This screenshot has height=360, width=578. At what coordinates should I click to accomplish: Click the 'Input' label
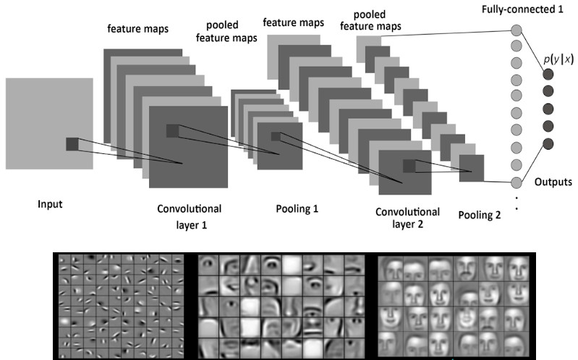(x=50, y=203)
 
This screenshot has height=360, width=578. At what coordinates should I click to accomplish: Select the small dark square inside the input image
(x=72, y=144)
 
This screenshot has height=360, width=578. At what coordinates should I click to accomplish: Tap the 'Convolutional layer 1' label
(x=189, y=215)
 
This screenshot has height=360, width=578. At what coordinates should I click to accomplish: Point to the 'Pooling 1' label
(x=297, y=209)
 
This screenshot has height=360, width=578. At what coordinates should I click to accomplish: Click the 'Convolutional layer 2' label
(x=407, y=218)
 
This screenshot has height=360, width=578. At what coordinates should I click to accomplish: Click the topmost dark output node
(x=548, y=73)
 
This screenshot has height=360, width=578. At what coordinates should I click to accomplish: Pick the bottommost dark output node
(x=548, y=143)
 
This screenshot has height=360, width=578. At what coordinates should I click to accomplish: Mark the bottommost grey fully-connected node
(x=517, y=182)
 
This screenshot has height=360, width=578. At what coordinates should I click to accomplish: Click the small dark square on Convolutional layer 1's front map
(x=171, y=130)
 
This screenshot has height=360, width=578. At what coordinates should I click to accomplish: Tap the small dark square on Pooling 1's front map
(x=275, y=136)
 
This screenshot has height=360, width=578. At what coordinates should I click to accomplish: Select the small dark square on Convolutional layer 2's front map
(x=409, y=166)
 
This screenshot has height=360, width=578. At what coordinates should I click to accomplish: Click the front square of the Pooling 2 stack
(x=471, y=169)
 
